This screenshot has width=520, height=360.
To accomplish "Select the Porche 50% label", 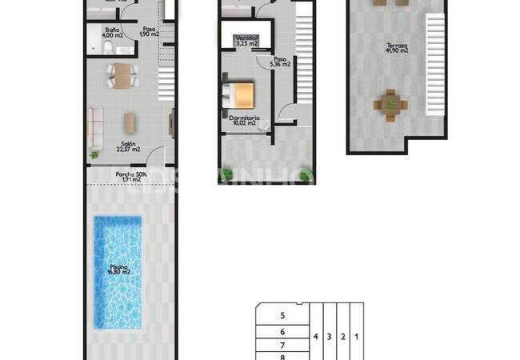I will pos(130,175).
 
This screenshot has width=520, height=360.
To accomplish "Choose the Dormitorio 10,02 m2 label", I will pos(242,120).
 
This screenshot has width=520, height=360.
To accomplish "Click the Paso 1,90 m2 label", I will pos(150,32).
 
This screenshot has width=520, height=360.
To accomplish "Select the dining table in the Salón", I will pos(122,76).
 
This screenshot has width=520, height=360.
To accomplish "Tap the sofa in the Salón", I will pos(95,124).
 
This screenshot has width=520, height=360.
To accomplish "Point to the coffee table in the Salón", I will pos(129,122).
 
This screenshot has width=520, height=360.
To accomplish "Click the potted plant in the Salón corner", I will pos(95,154).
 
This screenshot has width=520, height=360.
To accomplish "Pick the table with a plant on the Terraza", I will pos(390,104).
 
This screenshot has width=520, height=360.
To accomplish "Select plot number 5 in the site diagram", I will pos(282,316).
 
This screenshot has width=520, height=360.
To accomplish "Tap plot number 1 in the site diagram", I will pos(356,337).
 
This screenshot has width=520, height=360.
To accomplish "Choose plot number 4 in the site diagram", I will pos(317,337).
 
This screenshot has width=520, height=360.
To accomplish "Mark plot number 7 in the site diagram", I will pos(282,345).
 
